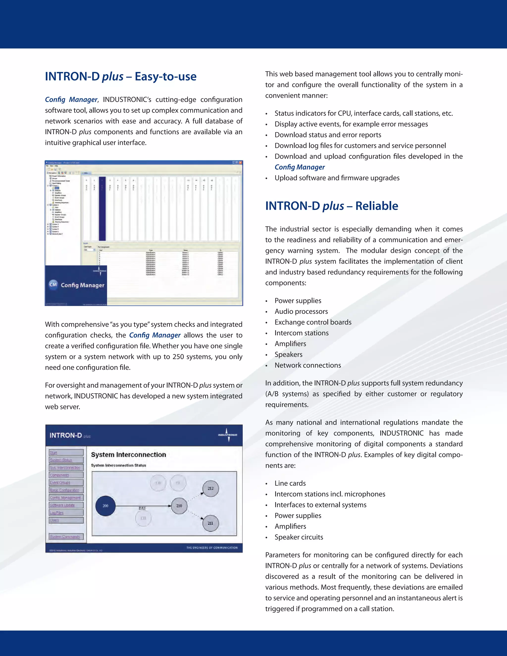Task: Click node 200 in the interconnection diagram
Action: point(105,506)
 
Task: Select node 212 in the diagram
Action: point(211,488)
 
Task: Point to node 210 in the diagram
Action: point(179,506)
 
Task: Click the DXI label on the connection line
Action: point(142,508)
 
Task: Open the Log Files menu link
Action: point(57,513)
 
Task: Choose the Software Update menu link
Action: point(62,505)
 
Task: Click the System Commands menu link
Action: point(65,537)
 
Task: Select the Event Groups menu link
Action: point(60,483)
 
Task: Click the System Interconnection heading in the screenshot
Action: point(128,455)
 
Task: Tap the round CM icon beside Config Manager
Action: point(53,285)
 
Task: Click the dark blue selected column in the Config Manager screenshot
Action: point(102,209)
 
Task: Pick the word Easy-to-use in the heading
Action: point(166,76)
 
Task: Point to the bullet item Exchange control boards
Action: point(313,322)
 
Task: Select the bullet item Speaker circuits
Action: point(299,537)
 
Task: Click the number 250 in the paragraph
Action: point(178,357)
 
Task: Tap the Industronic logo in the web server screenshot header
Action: point(228,435)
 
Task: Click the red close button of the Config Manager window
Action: point(240,162)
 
